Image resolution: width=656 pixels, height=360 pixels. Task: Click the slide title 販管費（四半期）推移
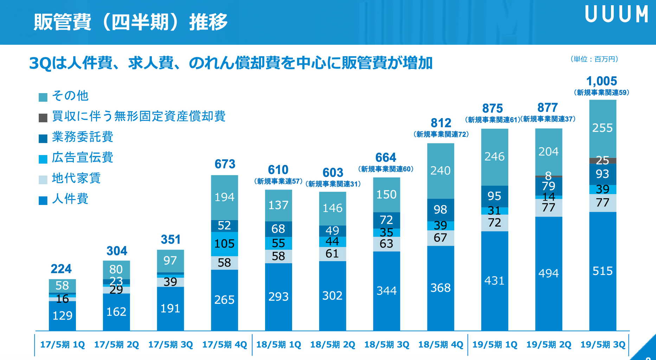click(x=130, y=22)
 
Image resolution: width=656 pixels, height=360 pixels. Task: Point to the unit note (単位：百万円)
click(x=594, y=59)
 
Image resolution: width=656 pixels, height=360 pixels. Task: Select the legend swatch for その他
click(x=43, y=97)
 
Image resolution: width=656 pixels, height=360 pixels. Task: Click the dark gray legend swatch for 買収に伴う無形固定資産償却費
click(x=43, y=118)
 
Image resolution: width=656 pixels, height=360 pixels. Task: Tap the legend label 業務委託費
click(x=83, y=137)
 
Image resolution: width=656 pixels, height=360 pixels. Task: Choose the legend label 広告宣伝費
click(x=83, y=157)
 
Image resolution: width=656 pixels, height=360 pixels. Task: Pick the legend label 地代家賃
click(x=76, y=178)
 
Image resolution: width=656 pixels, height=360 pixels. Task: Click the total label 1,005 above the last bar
click(x=602, y=81)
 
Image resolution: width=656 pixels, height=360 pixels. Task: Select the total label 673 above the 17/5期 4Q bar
click(x=225, y=164)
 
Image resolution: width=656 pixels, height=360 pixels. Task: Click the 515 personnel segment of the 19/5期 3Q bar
click(x=603, y=271)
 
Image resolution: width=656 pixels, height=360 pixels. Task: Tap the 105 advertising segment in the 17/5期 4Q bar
click(x=224, y=244)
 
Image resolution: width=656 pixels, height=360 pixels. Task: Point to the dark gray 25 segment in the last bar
click(x=603, y=161)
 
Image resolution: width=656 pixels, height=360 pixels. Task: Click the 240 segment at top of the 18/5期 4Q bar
click(x=440, y=171)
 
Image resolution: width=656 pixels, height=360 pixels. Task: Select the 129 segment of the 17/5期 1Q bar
click(x=62, y=316)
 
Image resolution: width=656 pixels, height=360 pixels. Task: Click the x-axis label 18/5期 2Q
click(x=333, y=345)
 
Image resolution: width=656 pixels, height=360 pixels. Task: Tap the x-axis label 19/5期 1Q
click(x=495, y=345)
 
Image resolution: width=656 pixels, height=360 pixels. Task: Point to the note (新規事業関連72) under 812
click(x=441, y=134)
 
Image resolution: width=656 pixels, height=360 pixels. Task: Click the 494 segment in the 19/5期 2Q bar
click(x=548, y=273)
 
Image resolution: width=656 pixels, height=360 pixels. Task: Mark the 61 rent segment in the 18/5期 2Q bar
click(x=332, y=254)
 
